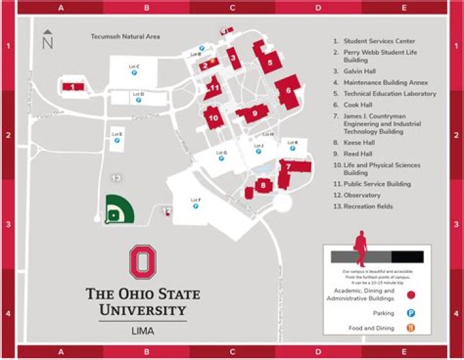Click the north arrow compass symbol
click(47, 40)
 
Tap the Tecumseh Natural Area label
click(125, 37)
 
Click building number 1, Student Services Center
click(73, 86)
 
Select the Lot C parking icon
click(134, 73)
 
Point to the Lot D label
click(138, 94)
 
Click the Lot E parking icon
click(117, 141)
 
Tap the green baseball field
click(118, 209)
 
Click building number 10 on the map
click(213, 117)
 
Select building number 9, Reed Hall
click(254, 113)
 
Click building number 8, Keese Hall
click(262, 185)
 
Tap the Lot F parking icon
click(195, 207)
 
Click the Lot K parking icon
click(293, 149)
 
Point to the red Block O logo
click(143, 262)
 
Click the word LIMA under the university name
click(143, 332)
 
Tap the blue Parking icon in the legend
click(411, 313)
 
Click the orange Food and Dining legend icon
click(411, 328)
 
